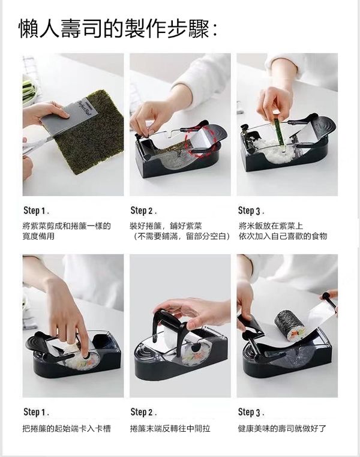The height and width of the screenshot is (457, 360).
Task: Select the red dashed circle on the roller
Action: [201, 140]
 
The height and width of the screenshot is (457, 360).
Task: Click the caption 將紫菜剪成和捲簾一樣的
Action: [67, 226]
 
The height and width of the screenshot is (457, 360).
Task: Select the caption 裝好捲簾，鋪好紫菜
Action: [166, 226]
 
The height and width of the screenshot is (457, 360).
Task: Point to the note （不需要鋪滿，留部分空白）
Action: [180, 236]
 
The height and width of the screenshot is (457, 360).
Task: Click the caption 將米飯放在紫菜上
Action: [271, 226]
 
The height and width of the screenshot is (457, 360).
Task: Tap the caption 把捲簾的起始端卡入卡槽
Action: [67, 428]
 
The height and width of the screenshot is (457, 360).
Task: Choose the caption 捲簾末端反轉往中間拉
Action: [170, 428]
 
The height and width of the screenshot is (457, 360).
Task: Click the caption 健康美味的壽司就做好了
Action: [282, 428]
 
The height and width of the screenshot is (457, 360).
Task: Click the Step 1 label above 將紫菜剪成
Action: [36, 211]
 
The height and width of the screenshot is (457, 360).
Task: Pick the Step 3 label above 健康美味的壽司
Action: [251, 413]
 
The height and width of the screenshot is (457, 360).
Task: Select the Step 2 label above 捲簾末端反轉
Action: [143, 413]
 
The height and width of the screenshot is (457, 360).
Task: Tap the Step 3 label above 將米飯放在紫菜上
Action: [251, 211]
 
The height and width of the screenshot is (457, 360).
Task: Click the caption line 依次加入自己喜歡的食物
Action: [283, 236]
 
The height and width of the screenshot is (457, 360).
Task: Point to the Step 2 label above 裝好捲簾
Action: [143, 211]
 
